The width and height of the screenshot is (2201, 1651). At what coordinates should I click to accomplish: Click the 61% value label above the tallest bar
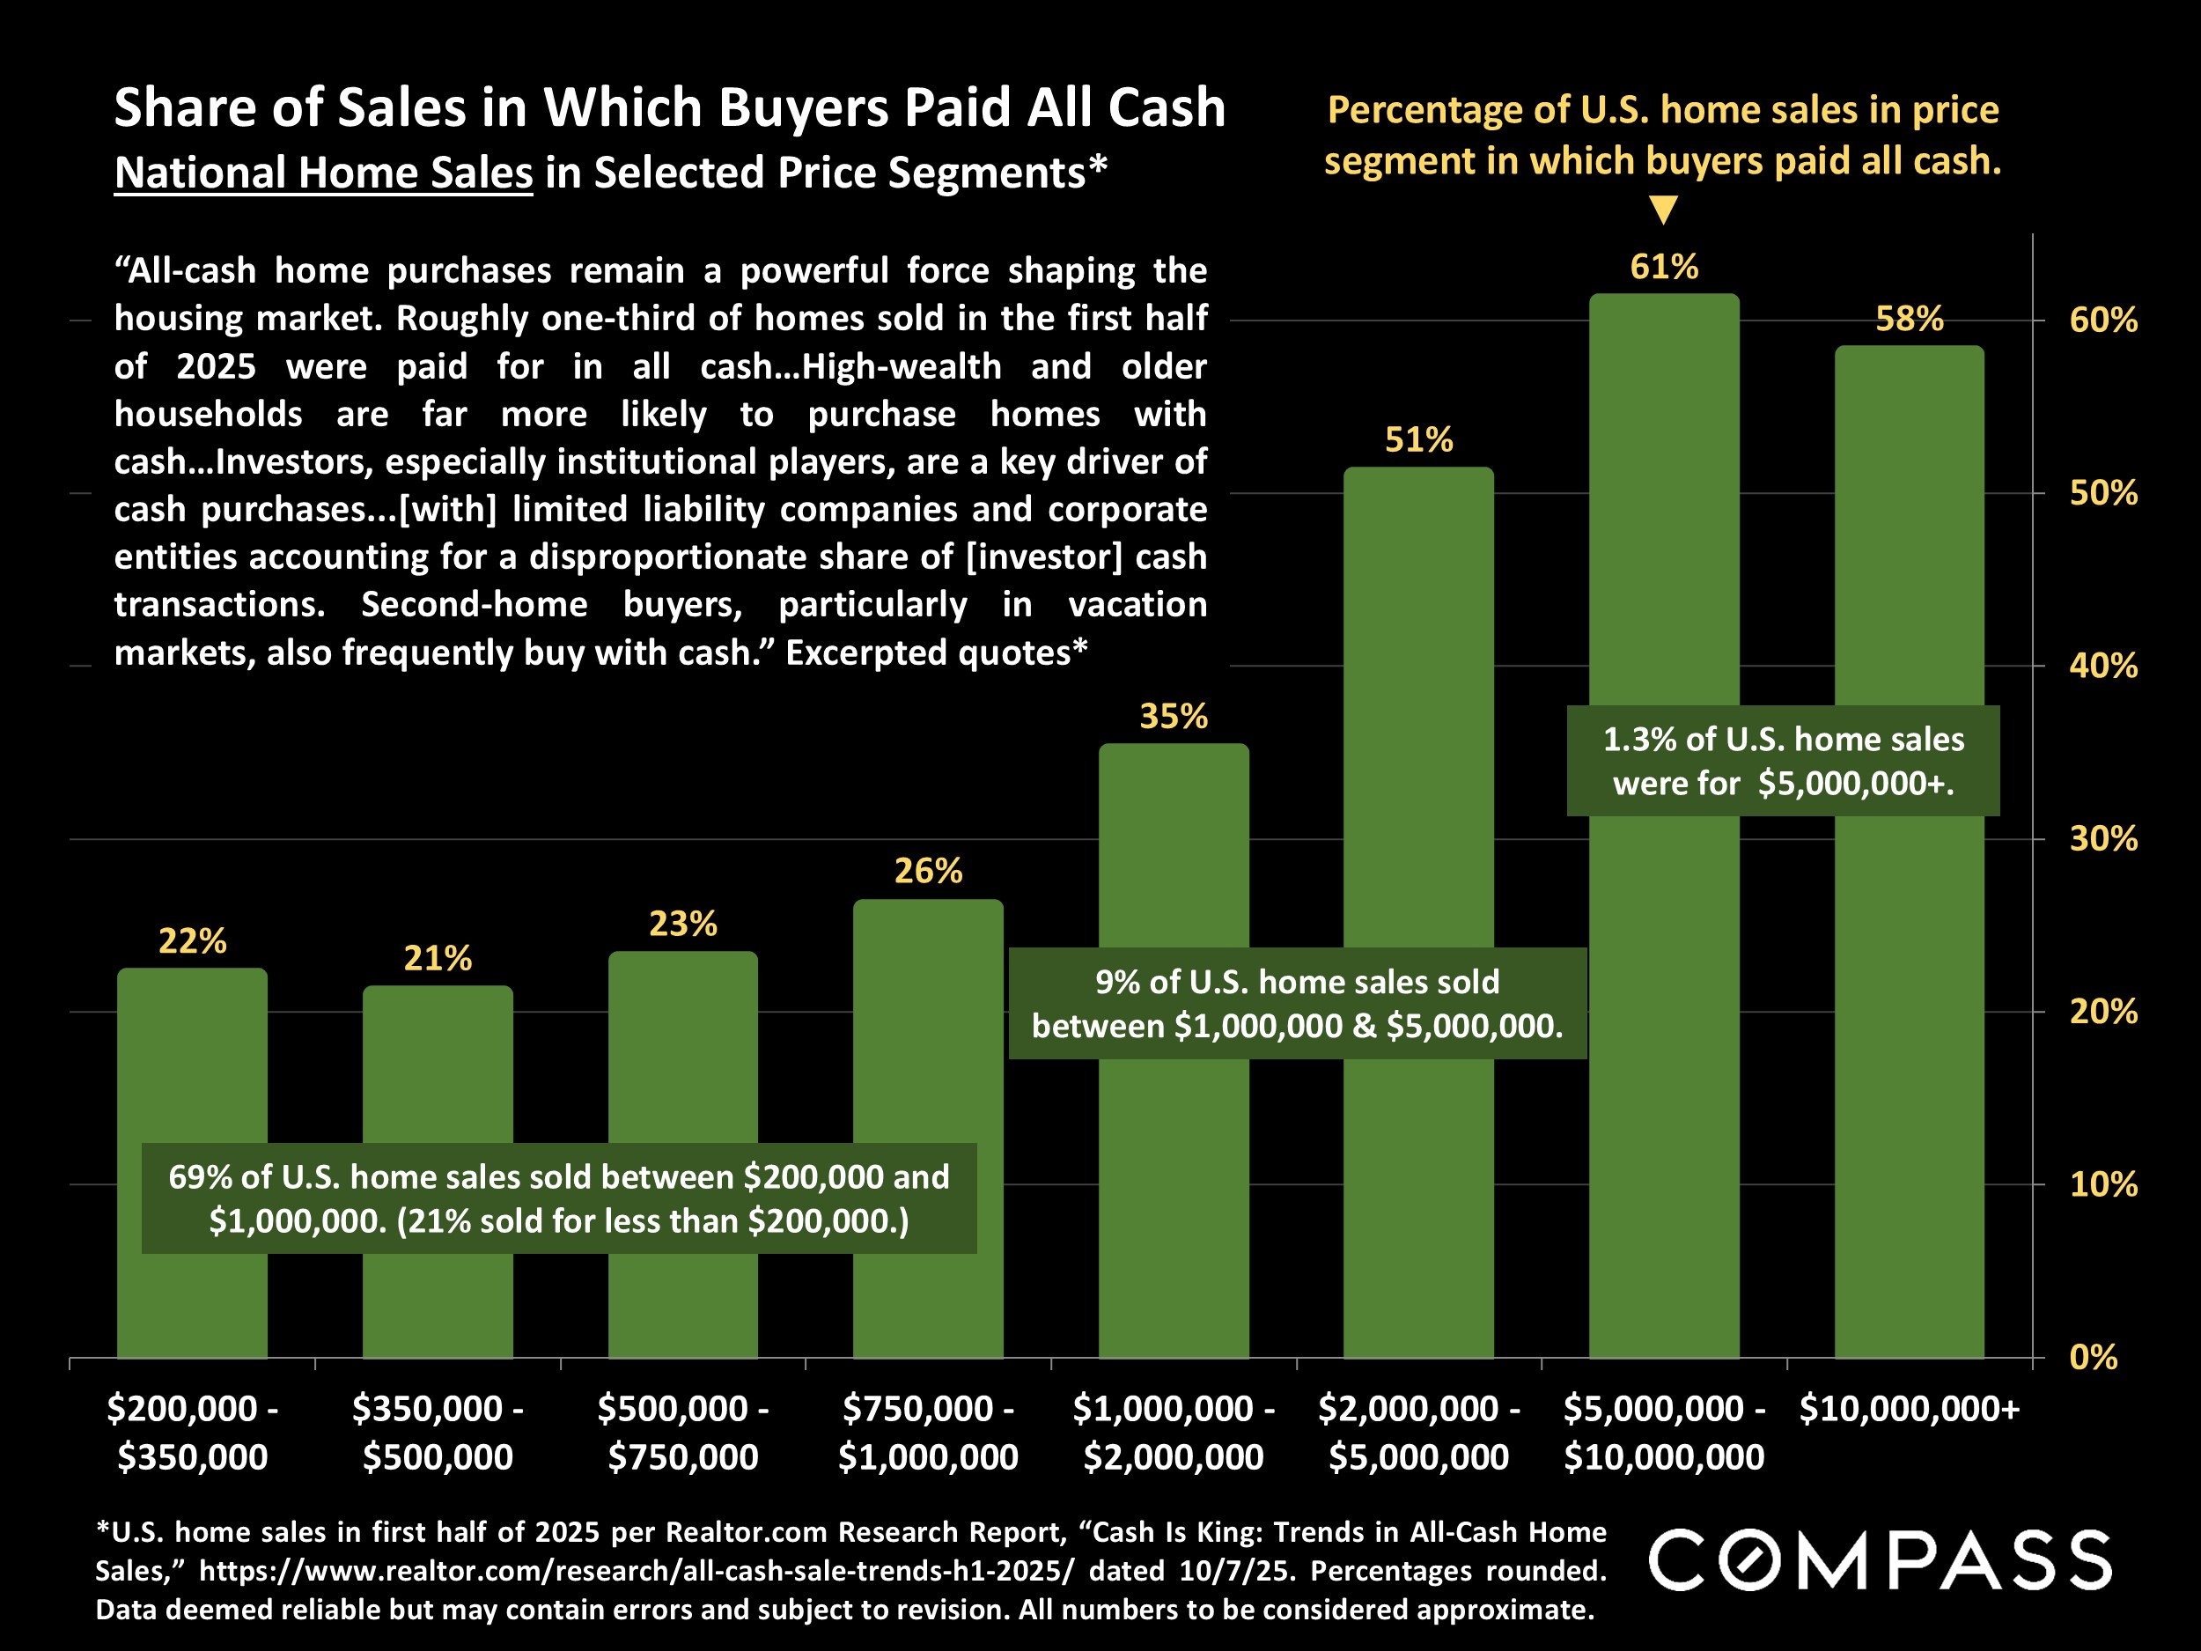[x=1664, y=267]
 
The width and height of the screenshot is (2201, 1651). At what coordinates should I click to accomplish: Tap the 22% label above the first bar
[x=192, y=940]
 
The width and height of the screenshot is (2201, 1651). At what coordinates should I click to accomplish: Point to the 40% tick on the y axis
[x=2102, y=666]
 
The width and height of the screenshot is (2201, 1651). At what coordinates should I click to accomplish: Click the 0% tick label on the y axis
[x=2092, y=1358]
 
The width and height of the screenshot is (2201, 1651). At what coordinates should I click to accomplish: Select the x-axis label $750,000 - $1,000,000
[x=927, y=1432]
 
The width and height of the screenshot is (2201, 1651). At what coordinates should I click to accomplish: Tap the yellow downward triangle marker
[x=1663, y=210]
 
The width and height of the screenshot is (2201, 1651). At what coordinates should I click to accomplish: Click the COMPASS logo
[x=1880, y=1560]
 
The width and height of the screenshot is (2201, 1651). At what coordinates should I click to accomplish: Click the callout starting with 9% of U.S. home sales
[x=1297, y=1003]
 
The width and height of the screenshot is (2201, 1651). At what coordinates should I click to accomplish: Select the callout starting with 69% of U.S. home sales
[x=558, y=1198]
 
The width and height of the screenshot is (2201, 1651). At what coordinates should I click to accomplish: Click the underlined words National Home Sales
[x=323, y=173]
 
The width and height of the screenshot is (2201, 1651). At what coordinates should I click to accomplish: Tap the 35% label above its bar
[x=1174, y=717]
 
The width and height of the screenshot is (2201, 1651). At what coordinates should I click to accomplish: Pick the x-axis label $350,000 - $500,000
[x=438, y=1432]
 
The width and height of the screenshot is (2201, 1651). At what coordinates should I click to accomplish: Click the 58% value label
[x=1909, y=319]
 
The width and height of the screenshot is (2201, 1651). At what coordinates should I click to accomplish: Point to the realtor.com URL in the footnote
[x=637, y=1570]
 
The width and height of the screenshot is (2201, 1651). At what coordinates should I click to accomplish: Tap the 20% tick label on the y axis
[x=2102, y=1011]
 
